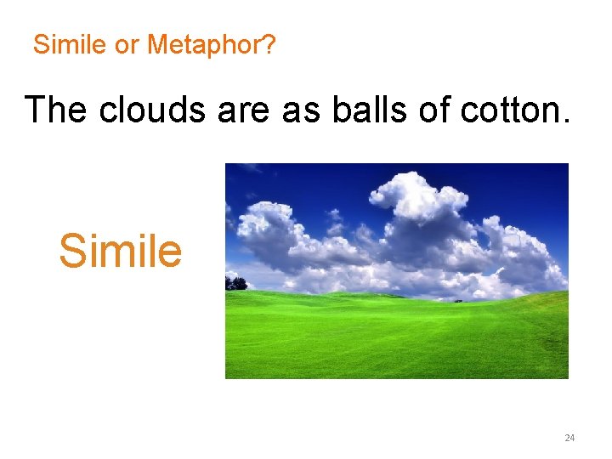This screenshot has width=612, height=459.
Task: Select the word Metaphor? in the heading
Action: pos(211,45)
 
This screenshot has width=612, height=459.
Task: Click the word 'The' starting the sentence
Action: pos(57,110)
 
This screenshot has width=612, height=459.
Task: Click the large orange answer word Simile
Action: pos(120,251)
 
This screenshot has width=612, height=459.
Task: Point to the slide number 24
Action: pos(569,438)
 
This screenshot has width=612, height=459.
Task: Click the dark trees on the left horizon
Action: pos(235,283)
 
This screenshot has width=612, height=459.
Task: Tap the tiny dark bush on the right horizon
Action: pos(458,299)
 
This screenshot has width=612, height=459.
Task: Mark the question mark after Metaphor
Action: pos(269,45)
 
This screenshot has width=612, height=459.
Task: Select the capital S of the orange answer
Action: pos(72,251)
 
